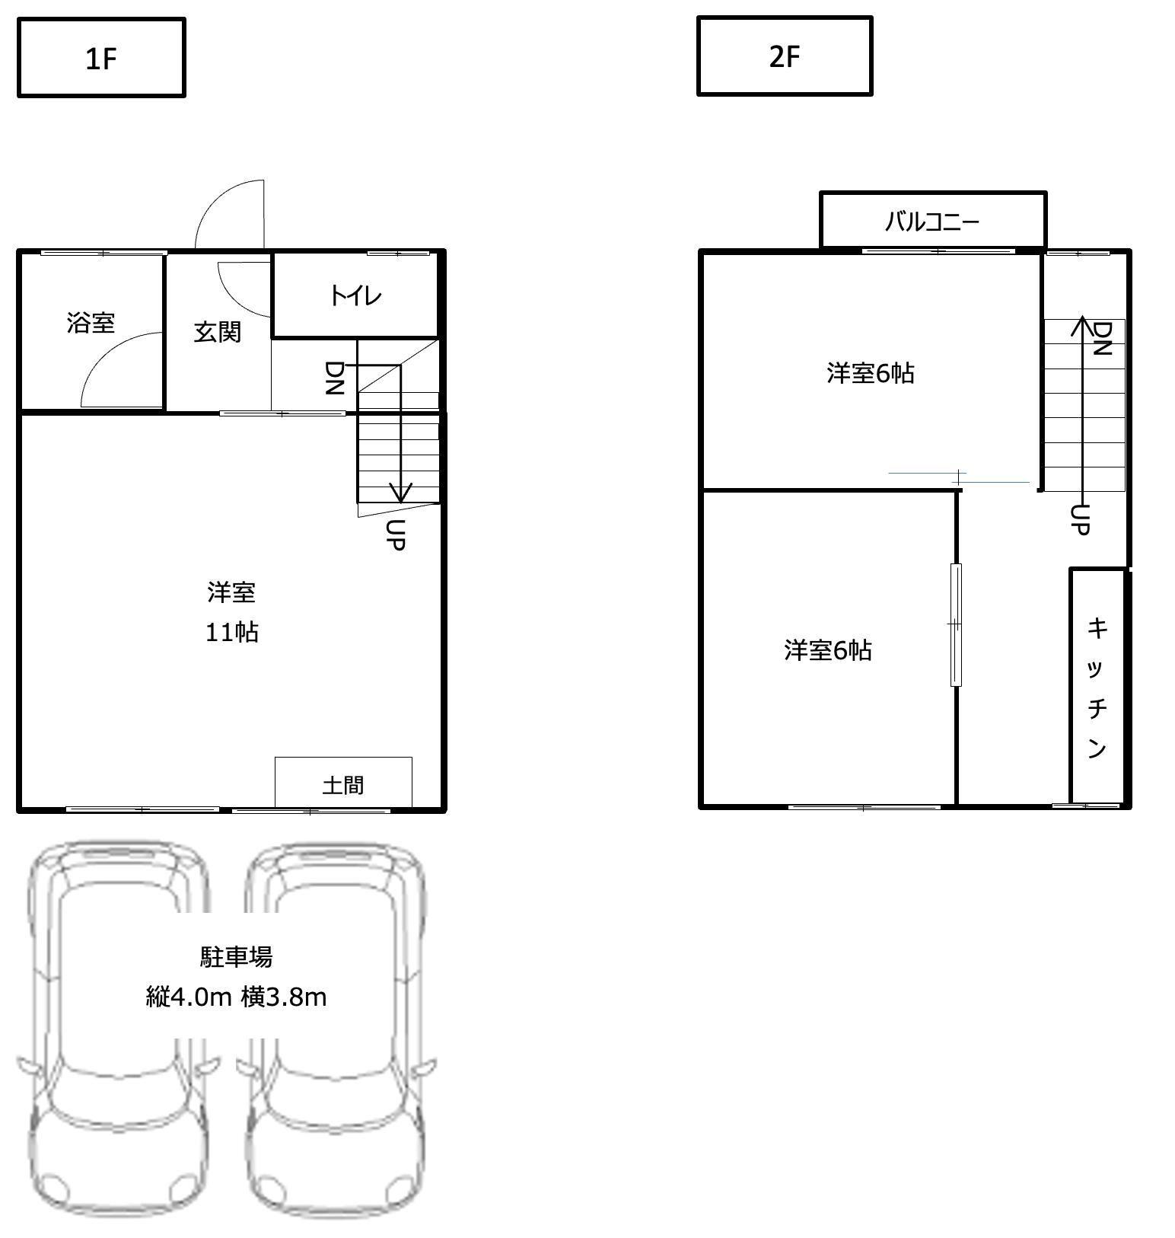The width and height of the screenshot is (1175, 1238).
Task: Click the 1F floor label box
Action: [101, 58]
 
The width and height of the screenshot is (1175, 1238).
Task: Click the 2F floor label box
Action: [784, 56]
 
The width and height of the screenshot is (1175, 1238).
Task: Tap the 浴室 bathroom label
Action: [91, 323]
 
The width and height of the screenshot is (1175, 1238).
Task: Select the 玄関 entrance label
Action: [217, 332]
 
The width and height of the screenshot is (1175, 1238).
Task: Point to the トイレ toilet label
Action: [355, 295]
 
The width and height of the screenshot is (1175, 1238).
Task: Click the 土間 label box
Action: [343, 783]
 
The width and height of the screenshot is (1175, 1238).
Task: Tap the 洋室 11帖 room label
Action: [231, 612]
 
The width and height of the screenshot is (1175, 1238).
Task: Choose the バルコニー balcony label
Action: [931, 222]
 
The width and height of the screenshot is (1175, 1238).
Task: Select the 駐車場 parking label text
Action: [236, 957]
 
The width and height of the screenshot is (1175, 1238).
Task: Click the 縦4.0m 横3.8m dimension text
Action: [236, 997]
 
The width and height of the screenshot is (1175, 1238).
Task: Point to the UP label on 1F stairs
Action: [395, 534]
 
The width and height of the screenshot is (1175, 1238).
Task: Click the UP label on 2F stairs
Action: [1080, 519]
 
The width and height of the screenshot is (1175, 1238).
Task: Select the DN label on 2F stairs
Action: [1102, 338]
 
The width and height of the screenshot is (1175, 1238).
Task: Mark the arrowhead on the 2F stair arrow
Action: [1081, 324]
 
